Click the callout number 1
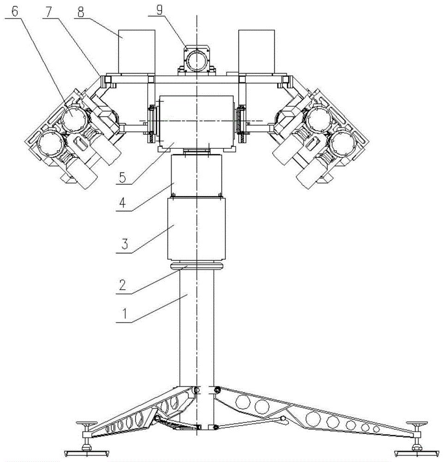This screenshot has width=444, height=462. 125,314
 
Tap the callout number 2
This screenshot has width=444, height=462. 122,285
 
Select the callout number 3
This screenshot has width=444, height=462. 125,244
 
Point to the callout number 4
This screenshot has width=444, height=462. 122,203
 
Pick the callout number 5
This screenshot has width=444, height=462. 122,177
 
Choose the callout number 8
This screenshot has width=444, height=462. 81,12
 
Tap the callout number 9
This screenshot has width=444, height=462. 159,11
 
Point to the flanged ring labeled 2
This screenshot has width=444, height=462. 197,266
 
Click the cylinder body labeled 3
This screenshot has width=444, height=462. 197,229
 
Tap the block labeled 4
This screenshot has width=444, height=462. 197,176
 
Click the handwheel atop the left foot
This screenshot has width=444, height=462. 86,424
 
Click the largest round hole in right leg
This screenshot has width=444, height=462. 313,419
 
